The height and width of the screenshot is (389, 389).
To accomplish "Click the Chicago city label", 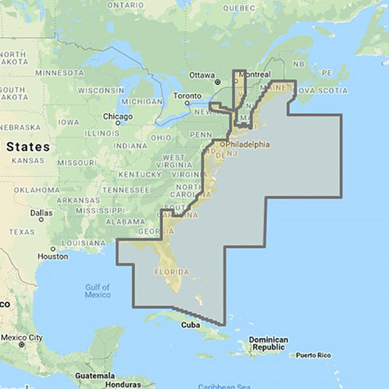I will (x=118, y=116).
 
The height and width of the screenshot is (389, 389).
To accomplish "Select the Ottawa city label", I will (x=202, y=75).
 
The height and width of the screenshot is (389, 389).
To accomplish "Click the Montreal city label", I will (x=252, y=75).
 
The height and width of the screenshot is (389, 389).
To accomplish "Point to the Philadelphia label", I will (x=247, y=145).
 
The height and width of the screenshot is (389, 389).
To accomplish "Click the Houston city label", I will (x=53, y=256).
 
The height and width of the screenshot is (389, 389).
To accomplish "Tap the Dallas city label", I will (x=42, y=214).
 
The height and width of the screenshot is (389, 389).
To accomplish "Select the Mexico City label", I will (x=23, y=338).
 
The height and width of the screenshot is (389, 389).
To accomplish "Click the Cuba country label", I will (x=190, y=325).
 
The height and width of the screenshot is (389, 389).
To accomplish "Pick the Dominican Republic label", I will (x=268, y=344).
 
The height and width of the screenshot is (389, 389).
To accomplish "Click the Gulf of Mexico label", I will (x=97, y=290).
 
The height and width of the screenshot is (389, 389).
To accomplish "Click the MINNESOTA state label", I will (x=60, y=73).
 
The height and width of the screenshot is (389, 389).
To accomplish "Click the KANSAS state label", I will (x=28, y=160).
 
